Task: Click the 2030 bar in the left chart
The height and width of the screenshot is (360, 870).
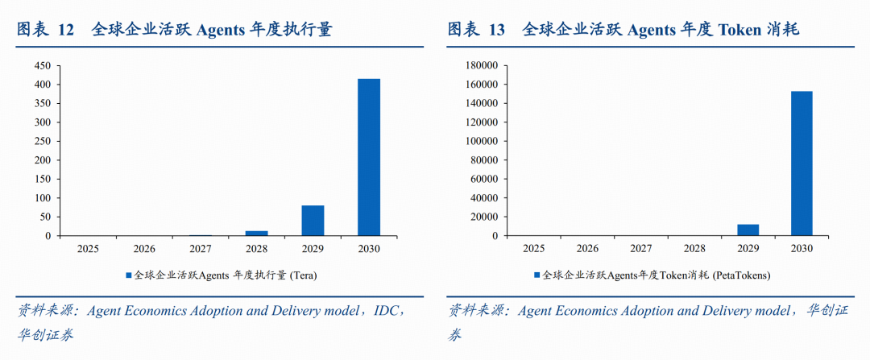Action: pyautogui.click(x=369, y=157)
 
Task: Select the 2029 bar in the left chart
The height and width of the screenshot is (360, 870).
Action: pyautogui.click(x=313, y=221)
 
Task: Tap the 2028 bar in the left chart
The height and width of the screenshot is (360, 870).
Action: pyautogui.click(x=257, y=233)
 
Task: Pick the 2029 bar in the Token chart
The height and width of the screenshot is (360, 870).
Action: pyautogui.click(x=748, y=230)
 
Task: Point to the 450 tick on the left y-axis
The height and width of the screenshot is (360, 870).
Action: pyautogui.click(x=42, y=65)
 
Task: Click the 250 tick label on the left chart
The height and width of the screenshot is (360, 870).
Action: pyautogui.click(x=42, y=141)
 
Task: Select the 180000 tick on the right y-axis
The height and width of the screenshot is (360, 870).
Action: pyautogui.click(x=483, y=65)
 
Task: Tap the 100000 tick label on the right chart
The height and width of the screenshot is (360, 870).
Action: pyautogui.click(x=483, y=141)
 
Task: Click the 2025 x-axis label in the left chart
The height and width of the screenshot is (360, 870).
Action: pyautogui.click(x=88, y=249)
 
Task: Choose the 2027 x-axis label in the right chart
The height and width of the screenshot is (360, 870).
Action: pyautogui.click(x=641, y=249)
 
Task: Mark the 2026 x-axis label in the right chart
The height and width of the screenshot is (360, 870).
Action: pyautogui.click(x=587, y=249)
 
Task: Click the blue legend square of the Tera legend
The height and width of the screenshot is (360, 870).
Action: pyautogui.click(x=128, y=275)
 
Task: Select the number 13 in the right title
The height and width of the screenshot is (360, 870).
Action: pyautogui.click(x=496, y=30)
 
